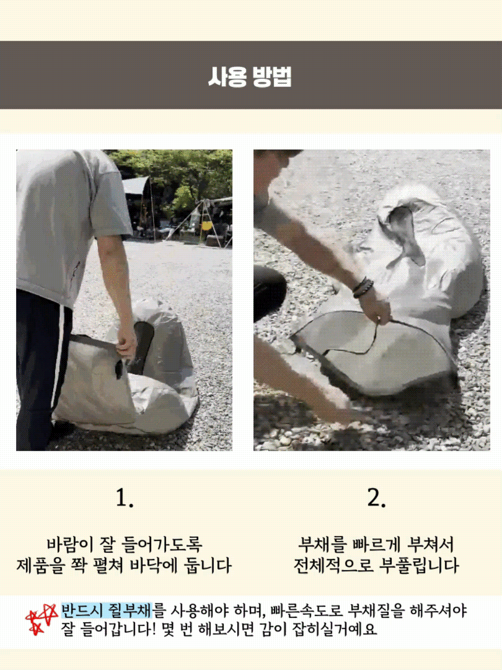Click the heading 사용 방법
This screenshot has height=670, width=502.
coord(250,77)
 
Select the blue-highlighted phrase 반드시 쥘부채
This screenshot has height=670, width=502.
coord(106,610)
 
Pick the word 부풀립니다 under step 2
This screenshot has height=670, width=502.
coord(419,566)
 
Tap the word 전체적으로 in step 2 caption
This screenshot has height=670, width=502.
coord(334,566)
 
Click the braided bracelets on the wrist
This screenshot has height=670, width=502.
coord(362,287)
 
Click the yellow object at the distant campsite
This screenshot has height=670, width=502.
coord(206,226)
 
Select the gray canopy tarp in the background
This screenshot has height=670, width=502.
coord(135,185)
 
